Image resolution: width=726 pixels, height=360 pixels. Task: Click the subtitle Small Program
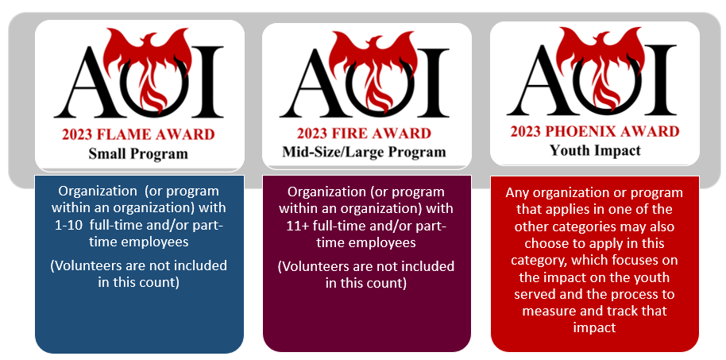(138, 153)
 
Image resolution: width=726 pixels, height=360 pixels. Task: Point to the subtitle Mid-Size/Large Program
(364, 152)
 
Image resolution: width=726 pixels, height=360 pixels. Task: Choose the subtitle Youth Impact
(595, 150)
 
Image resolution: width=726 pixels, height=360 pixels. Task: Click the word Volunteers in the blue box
(83, 266)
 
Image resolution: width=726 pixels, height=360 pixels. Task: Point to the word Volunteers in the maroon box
(311, 267)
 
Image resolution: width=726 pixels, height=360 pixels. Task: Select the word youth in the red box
(653, 277)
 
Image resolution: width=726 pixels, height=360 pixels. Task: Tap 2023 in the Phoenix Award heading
(526, 132)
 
